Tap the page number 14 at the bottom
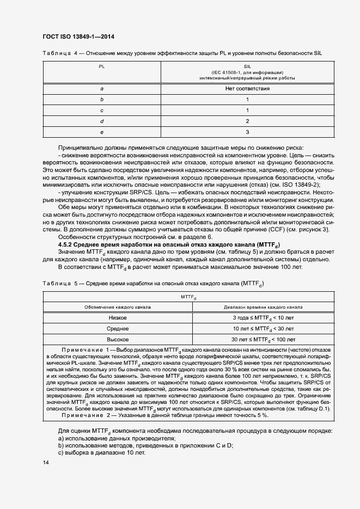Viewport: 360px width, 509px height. coord(46,462)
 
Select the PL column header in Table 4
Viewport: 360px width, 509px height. coord(102,66)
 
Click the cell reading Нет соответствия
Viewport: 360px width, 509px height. coord(247,88)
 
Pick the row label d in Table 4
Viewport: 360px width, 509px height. coord(102,121)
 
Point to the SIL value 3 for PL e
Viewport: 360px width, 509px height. coord(247,132)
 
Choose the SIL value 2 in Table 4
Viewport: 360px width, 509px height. coord(247,121)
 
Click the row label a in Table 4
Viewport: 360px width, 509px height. coord(102,88)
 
